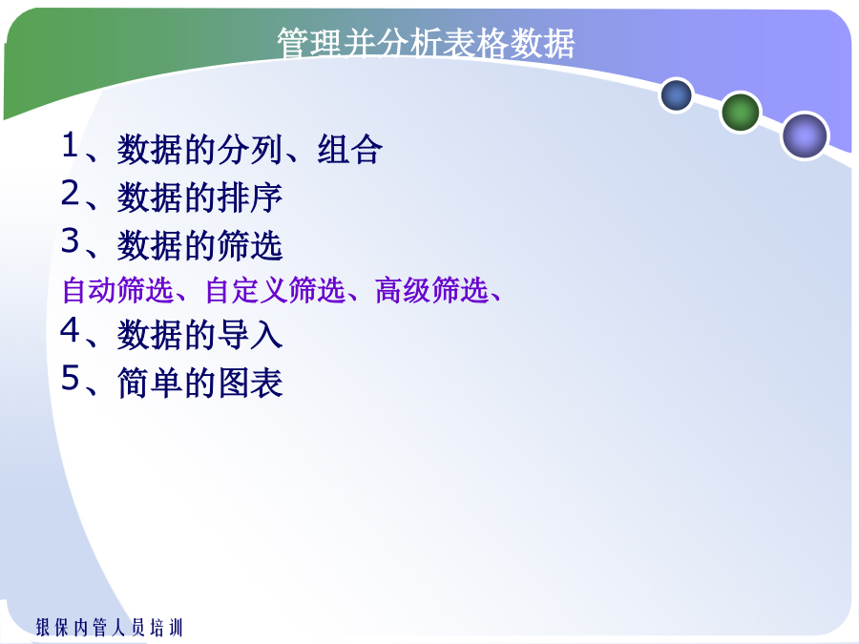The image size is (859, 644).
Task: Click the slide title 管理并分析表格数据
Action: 426,43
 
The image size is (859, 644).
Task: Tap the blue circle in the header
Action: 677,95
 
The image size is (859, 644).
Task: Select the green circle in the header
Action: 741,113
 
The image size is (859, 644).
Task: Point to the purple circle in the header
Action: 805,135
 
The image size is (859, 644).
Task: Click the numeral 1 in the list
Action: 70,145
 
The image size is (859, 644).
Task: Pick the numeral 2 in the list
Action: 70,193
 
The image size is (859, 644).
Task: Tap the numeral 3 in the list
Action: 70,240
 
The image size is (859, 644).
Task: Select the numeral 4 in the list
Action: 70,330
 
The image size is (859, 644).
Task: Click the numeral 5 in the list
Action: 70,378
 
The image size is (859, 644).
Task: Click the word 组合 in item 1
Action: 349,149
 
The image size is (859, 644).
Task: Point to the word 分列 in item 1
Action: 250,149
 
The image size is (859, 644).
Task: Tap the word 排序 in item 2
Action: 250,197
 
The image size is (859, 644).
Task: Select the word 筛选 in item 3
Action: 250,245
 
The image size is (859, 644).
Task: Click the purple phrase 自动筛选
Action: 117,290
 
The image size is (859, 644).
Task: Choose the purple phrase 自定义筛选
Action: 275,290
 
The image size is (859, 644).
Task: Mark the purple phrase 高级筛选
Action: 431,290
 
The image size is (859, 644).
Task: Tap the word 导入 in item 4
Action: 250,335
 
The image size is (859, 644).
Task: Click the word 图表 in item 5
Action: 250,383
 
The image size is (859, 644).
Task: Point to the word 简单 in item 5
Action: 150,383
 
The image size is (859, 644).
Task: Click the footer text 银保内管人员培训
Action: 109,627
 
